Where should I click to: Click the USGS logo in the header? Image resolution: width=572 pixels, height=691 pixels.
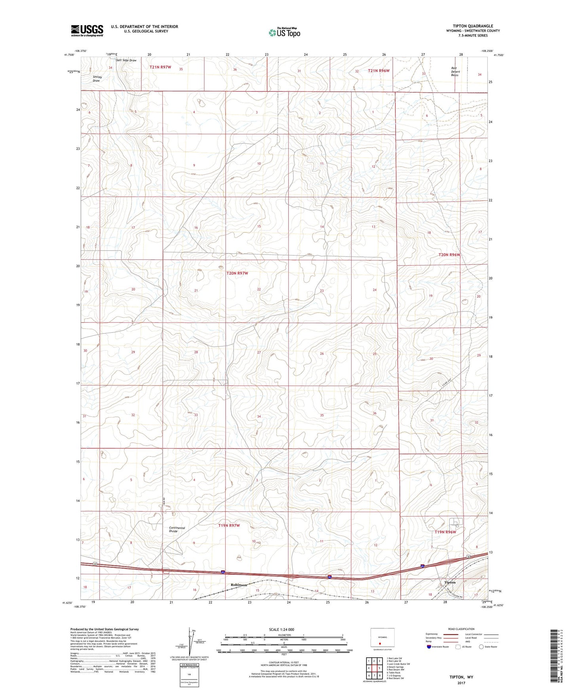87,30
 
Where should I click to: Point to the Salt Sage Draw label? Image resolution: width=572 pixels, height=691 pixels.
126,61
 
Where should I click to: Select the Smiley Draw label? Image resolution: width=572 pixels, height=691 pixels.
97,79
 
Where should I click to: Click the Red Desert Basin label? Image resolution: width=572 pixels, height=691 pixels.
455,71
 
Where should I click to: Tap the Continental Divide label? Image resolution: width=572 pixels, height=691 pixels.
177,530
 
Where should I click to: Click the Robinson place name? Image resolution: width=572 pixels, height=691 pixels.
239,585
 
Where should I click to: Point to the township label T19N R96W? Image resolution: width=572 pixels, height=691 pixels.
445,532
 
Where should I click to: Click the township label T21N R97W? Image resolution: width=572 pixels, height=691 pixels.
160,67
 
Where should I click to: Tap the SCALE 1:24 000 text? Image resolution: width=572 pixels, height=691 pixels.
281,629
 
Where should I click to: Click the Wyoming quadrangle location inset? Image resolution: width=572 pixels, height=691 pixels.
382,638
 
